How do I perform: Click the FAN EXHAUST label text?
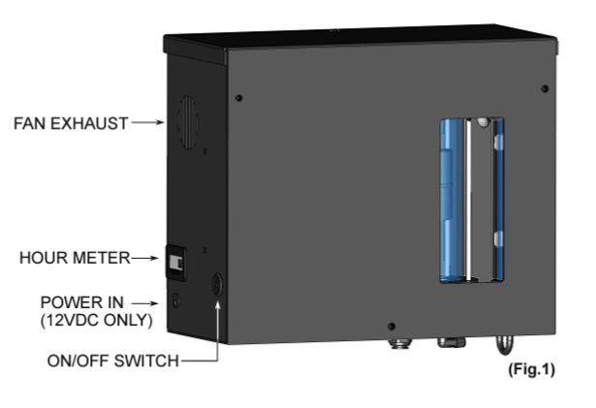point(71,124)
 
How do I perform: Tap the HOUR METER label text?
point(75,258)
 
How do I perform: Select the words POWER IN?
point(82,302)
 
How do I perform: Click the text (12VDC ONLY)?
point(97,320)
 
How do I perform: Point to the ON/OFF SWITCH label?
point(112,361)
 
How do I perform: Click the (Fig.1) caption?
point(531,369)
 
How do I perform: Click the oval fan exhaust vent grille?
point(188,122)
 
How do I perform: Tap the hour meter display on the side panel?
point(176,263)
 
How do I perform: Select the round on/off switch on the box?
point(217,284)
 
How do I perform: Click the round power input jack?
point(176,300)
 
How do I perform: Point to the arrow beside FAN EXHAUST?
point(148,122)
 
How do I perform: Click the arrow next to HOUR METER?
point(144,258)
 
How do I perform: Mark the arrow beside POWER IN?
point(144,303)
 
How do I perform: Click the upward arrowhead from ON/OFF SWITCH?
point(218,304)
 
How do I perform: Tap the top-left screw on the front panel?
point(238,98)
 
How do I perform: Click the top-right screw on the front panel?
point(545,88)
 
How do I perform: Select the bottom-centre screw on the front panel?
point(392,327)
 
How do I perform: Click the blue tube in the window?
point(453,201)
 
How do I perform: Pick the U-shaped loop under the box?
point(504,344)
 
